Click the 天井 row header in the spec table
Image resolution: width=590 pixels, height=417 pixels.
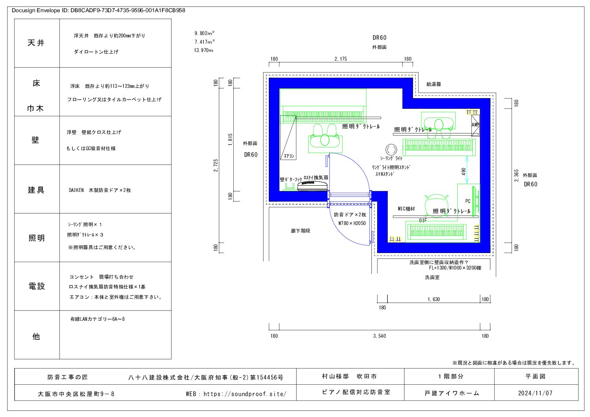pos(36,43)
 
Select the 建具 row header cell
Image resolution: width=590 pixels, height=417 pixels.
pos(36,190)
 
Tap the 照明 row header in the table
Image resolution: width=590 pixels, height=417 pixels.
pos(36,238)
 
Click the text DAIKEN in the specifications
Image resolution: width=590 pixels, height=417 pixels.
pos(76,190)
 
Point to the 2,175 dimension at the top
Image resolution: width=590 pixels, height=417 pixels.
pos(341,59)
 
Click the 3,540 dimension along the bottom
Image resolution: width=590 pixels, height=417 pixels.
pos(379,336)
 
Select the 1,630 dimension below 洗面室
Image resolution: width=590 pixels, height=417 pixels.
pos(434,300)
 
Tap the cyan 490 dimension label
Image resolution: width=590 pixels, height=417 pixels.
pos(463,172)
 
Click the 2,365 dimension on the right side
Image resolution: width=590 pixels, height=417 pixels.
pos(516,176)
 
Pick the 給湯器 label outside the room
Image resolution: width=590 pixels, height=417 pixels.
pos(434,84)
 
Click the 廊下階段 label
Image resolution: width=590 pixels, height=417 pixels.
pos(300,231)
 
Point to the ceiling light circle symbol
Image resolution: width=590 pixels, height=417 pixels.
pos(391,149)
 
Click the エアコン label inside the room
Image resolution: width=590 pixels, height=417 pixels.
pos(289,156)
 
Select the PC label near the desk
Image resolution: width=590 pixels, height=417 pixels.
pos(467,201)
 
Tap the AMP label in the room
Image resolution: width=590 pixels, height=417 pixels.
pos(475,125)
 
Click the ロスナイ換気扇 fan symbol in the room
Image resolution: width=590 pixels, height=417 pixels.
pos(313,186)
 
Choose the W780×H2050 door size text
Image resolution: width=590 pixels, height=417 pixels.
pos(352,223)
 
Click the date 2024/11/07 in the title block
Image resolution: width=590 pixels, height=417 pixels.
pos(535,393)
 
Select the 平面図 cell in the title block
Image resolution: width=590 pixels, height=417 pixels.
pos(535,376)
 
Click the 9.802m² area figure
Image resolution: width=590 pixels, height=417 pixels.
pos(204,34)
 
